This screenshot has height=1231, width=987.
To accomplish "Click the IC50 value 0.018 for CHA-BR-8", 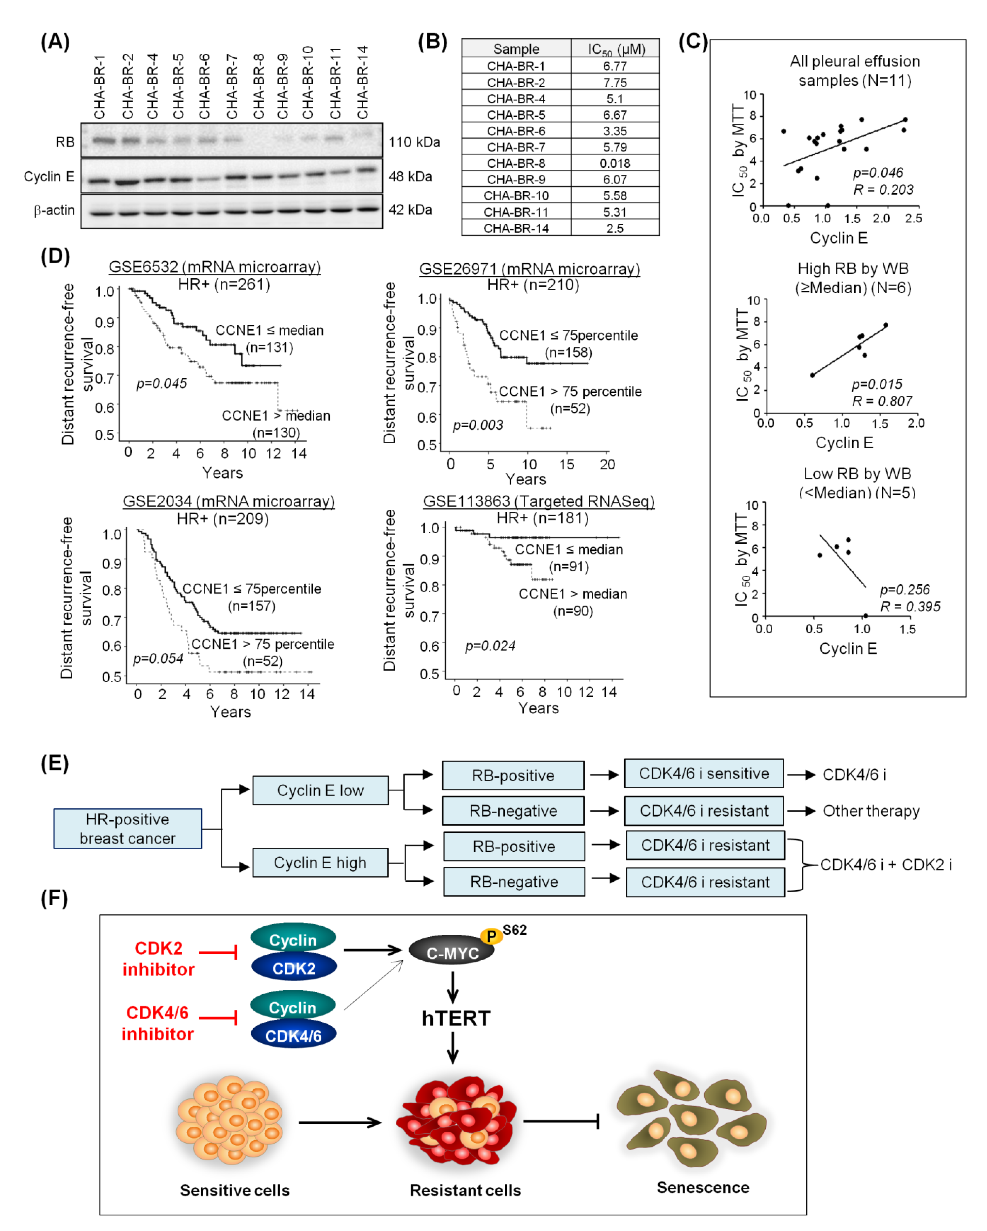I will point(614,163).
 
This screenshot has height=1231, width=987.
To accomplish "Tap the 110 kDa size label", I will point(414,142).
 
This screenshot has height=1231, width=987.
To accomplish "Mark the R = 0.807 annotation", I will point(882,401).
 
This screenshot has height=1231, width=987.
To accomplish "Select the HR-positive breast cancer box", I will point(127,829).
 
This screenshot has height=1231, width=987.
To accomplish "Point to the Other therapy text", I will point(870,811).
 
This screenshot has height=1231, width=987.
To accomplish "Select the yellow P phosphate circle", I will point(491,936).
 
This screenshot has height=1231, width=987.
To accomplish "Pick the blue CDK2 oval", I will point(294,968).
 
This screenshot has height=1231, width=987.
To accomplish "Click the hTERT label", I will point(456,1018).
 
